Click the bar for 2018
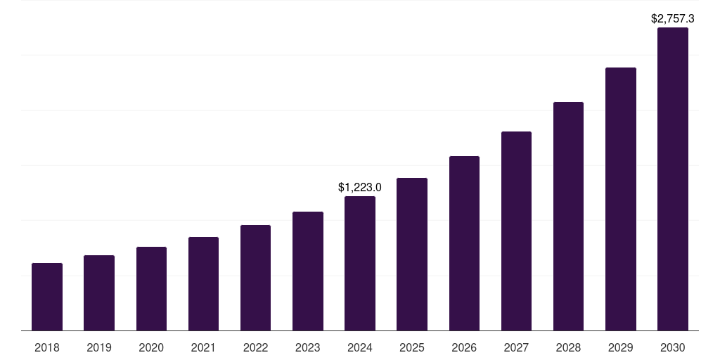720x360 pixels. (47, 297)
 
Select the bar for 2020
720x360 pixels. (151, 288)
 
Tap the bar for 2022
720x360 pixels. (255, 278)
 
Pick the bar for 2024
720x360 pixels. (360, 263)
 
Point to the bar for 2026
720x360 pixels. (464, 243)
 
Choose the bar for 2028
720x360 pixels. (568, 216)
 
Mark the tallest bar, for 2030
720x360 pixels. (673, 179)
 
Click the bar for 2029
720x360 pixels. (621, 199)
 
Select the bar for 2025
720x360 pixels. (412, 254)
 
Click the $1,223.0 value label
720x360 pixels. (360, 187)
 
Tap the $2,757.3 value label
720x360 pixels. (673, 19)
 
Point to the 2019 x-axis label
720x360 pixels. (99, 347)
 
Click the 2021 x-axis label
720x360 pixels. (203, 347)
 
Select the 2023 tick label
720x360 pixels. (308, 347)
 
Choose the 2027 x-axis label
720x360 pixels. (516, 347)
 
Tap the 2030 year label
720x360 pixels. (673, 347)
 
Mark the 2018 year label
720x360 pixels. (47, 347)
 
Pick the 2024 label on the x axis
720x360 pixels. (360, 347)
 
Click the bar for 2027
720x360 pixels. (516, 231)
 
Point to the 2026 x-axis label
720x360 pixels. (464, 347)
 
